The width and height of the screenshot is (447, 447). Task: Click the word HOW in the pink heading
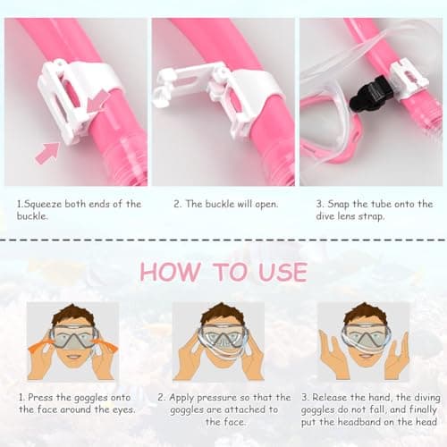(x=170, y=272)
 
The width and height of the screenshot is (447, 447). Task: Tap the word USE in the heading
(x=283, y=272)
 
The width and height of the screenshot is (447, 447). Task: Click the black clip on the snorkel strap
(x=371, y=93)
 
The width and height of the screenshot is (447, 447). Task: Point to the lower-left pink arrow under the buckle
(x=47, y=153)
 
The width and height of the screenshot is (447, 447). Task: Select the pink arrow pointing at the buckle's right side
(x=98, y=101)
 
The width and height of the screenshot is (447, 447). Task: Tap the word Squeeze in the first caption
(x=43, y=205)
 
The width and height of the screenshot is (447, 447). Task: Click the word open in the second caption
(x=266, y=205)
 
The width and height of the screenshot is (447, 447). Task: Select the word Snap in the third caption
(x=339, y=205)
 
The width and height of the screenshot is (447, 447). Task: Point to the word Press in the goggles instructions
(x=40, y=397)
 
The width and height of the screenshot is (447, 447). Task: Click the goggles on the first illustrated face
(x=73, y=338)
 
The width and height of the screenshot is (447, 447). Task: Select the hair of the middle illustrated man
(x=219, y=316)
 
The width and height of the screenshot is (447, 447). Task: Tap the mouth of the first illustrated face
(x=72, y=357)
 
